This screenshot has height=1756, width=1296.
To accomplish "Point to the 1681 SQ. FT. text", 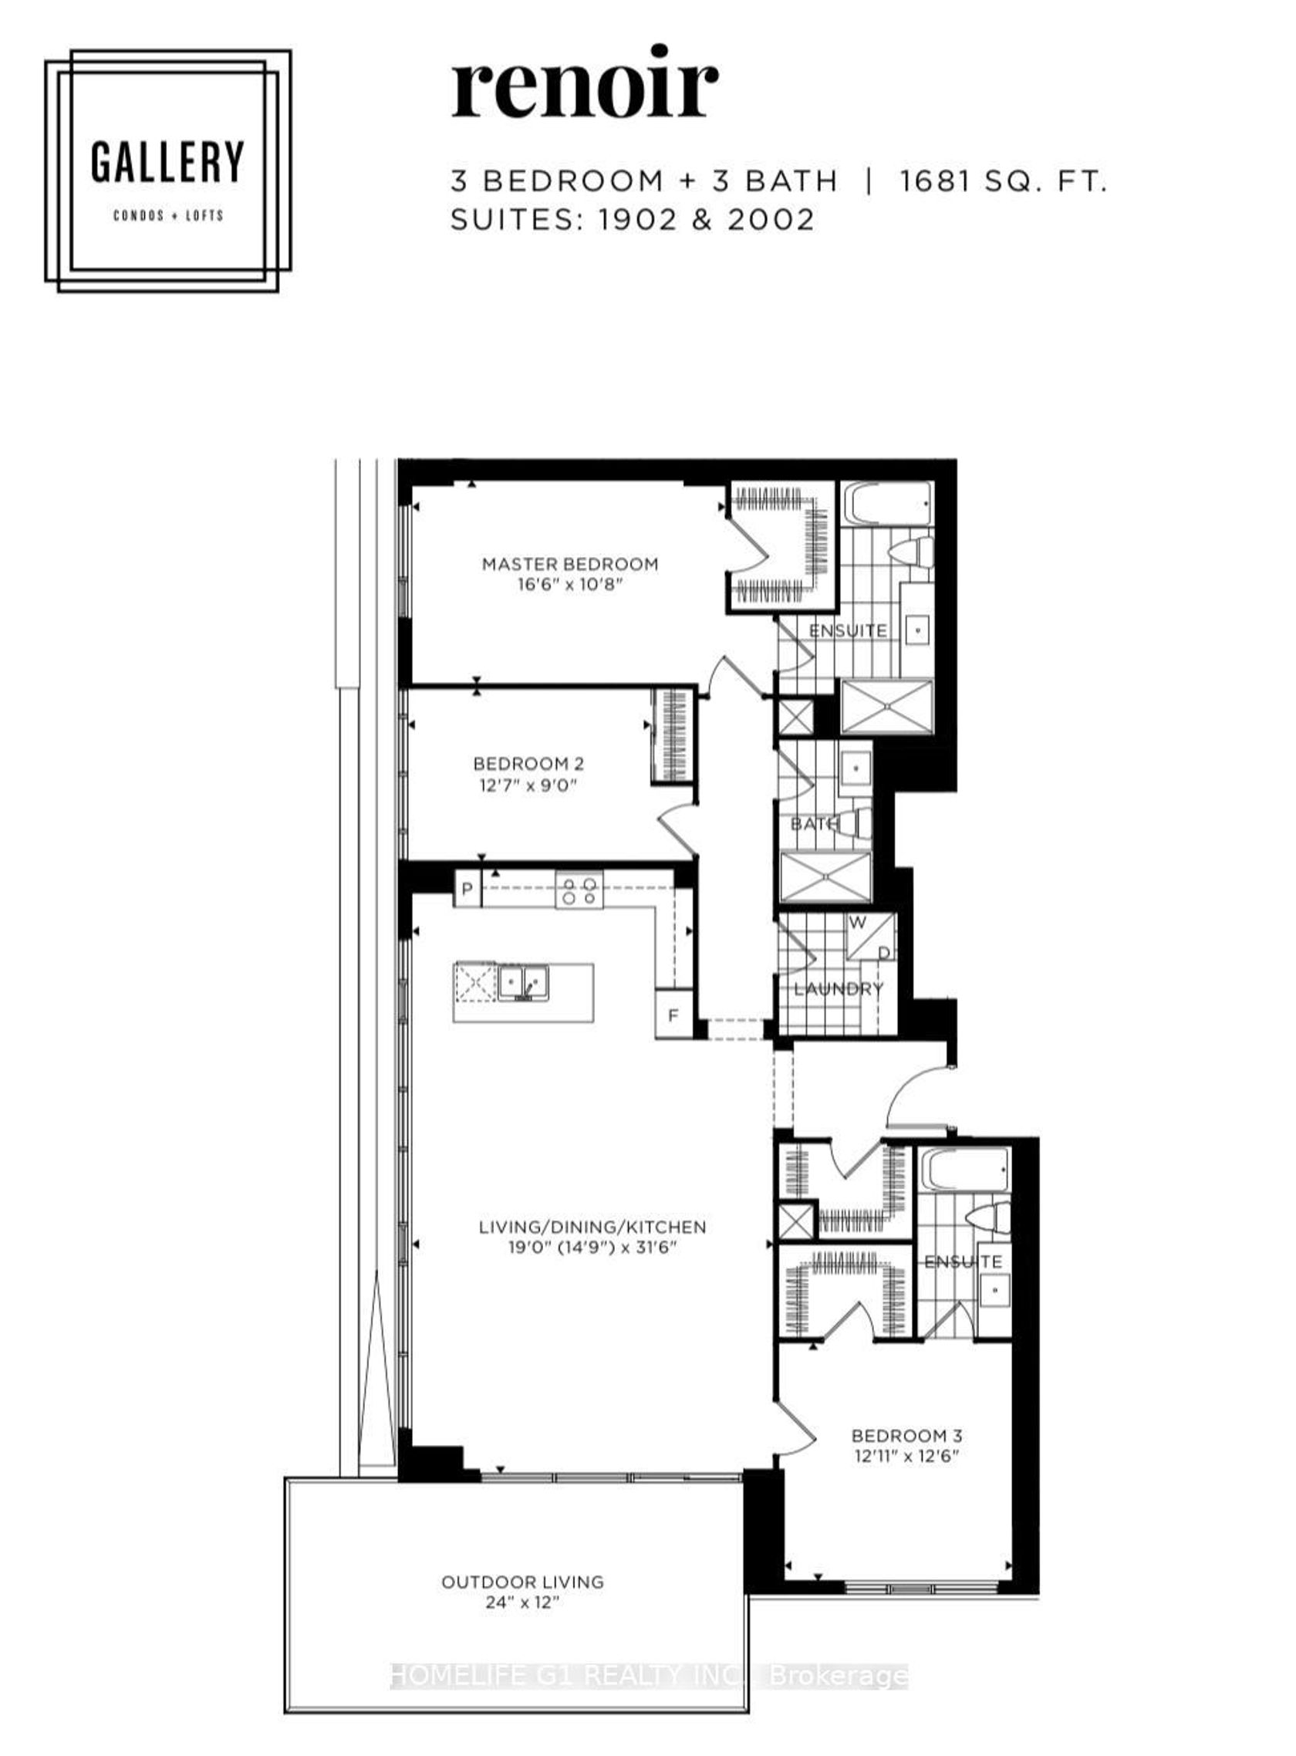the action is [1003, 181].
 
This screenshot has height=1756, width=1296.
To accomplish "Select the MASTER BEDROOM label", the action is [569, 563].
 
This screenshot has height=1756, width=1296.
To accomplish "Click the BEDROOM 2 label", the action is [528, 763].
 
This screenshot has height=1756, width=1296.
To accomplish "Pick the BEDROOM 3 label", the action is [907, 1436].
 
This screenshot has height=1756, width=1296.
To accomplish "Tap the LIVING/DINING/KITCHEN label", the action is [592, 1227].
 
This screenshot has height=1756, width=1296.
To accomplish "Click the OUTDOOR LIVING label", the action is [522, 1582].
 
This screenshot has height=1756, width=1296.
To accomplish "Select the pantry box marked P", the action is [467, 889].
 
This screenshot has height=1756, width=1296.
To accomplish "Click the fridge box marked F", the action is [673, 1015].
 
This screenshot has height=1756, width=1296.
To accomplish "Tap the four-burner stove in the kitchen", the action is [580, 890].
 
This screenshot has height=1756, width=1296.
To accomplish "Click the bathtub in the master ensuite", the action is [887, 505].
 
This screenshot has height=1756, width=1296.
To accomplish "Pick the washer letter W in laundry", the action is [858, 923].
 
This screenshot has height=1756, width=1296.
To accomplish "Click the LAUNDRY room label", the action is [838, 988].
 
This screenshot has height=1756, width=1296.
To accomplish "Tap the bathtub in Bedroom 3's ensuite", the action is [964, 1170].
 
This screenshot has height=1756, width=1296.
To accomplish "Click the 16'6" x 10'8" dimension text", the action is [569, 585].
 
